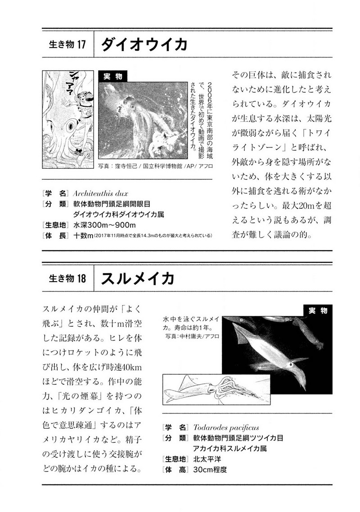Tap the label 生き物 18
(66, 279)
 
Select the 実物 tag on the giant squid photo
(112, 76)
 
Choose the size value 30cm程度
(210, 470)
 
